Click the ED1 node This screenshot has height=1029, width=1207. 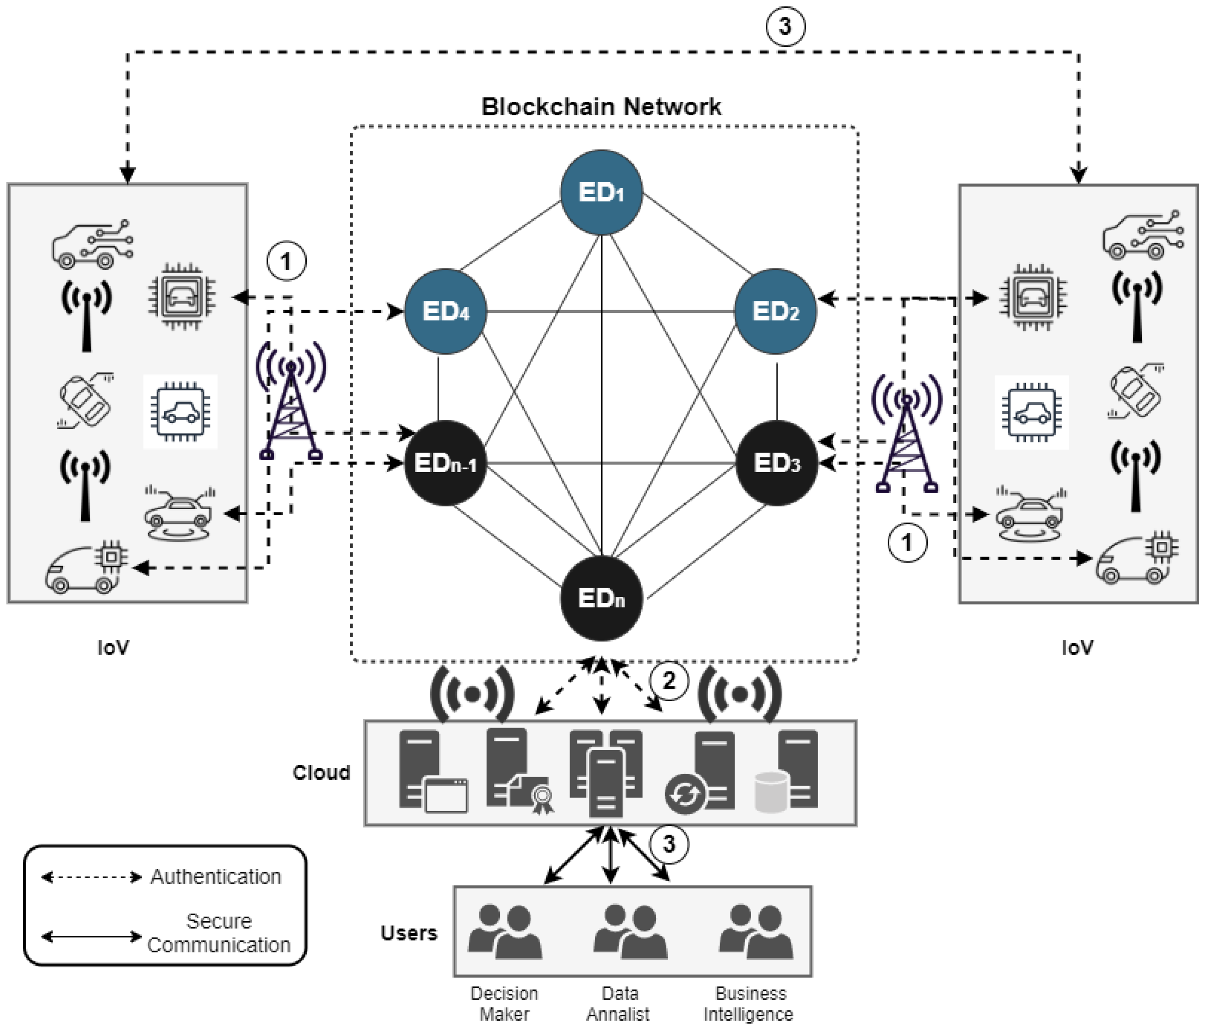[x=601, y=192]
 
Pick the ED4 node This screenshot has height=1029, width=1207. [x=446, y=311]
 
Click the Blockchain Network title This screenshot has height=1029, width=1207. [x=601, y=106]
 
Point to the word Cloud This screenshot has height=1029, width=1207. [x=321, y=772]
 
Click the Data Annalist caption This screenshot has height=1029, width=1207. [x=618, y=1003]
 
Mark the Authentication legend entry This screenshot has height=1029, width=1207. [x=216, y=876]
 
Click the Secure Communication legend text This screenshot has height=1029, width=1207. [x=218, y=932]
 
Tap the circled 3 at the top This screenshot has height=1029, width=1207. [x=785, y=26]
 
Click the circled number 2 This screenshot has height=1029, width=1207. [x=669, y=680]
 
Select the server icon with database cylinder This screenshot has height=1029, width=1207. [x=786, y=772]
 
